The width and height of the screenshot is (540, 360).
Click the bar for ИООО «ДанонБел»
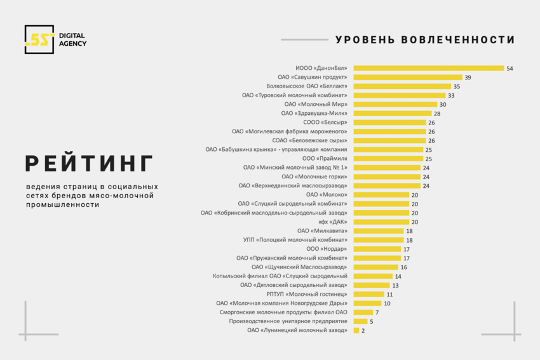tap(428, 68)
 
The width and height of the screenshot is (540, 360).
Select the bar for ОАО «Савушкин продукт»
tap(407, 77)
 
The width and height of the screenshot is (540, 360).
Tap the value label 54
tap(510, 69)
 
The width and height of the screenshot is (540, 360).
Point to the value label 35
tap(456, 86)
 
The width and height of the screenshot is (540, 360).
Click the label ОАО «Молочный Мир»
tap(316, 104)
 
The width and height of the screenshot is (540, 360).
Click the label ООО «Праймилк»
tap(325, 159)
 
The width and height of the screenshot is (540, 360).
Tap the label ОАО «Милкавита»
tap(322, 231)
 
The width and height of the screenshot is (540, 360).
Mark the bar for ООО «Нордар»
tap(377, 249)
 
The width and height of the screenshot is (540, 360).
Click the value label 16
tap(403, 267)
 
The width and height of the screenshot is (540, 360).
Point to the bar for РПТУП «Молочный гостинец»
tap(368, 294)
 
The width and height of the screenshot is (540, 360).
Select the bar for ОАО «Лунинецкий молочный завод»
tap(356, 330)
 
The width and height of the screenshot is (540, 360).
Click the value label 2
tap(363, 331)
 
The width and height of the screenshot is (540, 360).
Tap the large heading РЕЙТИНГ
tap(90, 164)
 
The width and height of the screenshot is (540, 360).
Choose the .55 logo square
tap(39, 39)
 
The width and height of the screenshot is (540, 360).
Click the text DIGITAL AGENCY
tap(72, 39)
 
